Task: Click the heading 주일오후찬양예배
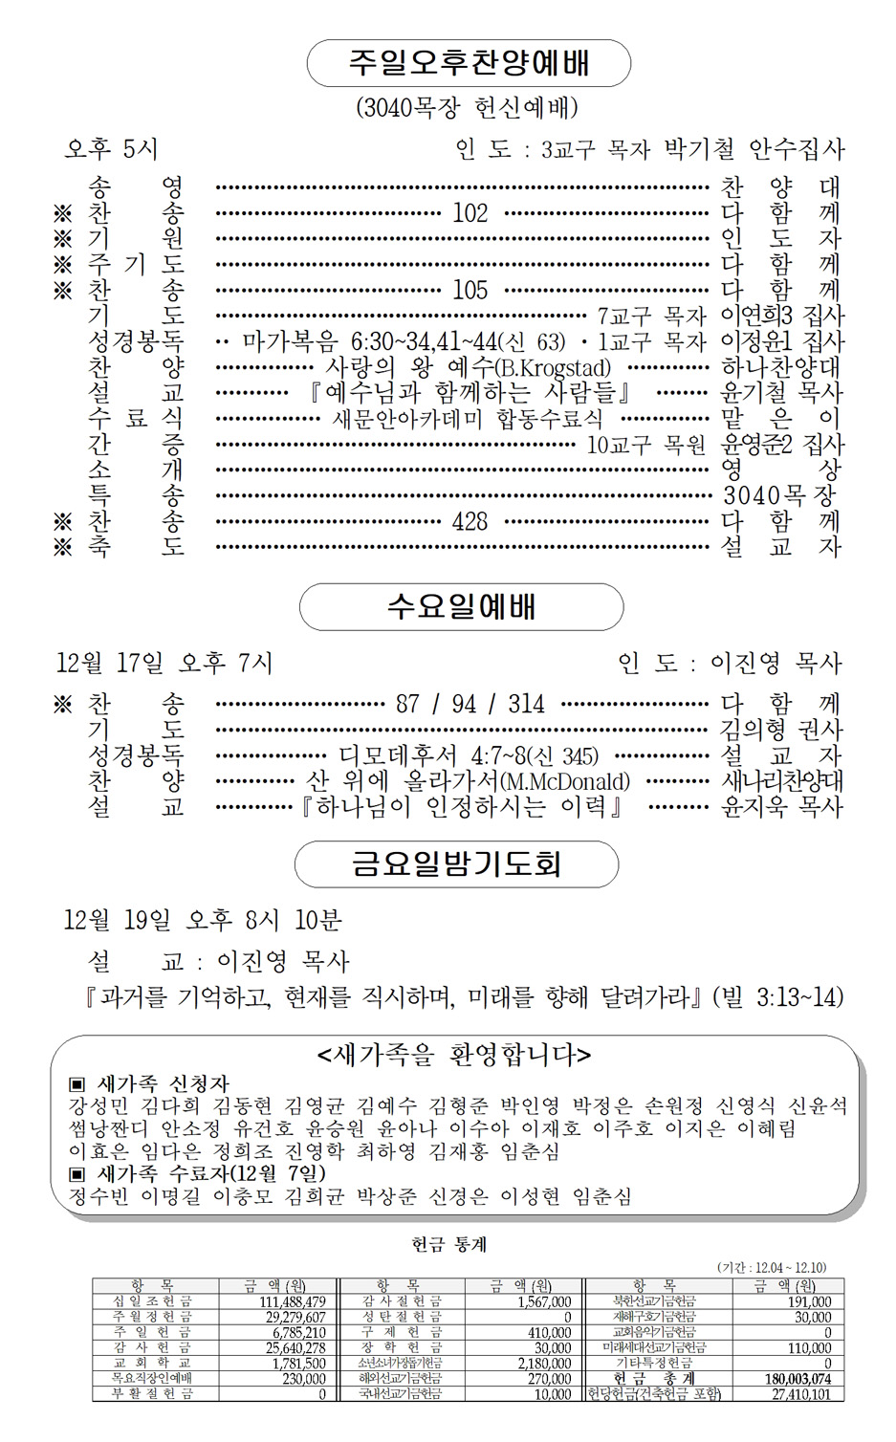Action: tap(469, 63)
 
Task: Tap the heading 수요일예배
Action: tap(461, 606)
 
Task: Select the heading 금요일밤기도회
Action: tap(456, 864)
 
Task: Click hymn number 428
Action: tap(470, 522)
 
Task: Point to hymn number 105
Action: tap(470, 290)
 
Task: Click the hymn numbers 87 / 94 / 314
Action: tap(470, 705)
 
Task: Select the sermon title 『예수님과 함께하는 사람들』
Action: tap(470, 393)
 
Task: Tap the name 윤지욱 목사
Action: tap(781, 807)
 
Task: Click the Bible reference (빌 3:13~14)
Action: tap(777, 998)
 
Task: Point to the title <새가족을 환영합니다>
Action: tap(454, 1056)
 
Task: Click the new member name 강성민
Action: tap(98, 1106)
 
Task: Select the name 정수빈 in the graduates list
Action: tap(98, 1196)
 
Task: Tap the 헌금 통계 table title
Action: tap(448, 1244)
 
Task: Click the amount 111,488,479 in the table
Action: tap(293, 1301)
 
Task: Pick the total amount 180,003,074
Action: tap(798, 1379)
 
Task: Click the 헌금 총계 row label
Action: tap(655, 1379)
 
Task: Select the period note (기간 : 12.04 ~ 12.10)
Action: tap(771, 1267)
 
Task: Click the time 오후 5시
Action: tap(111, 149)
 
